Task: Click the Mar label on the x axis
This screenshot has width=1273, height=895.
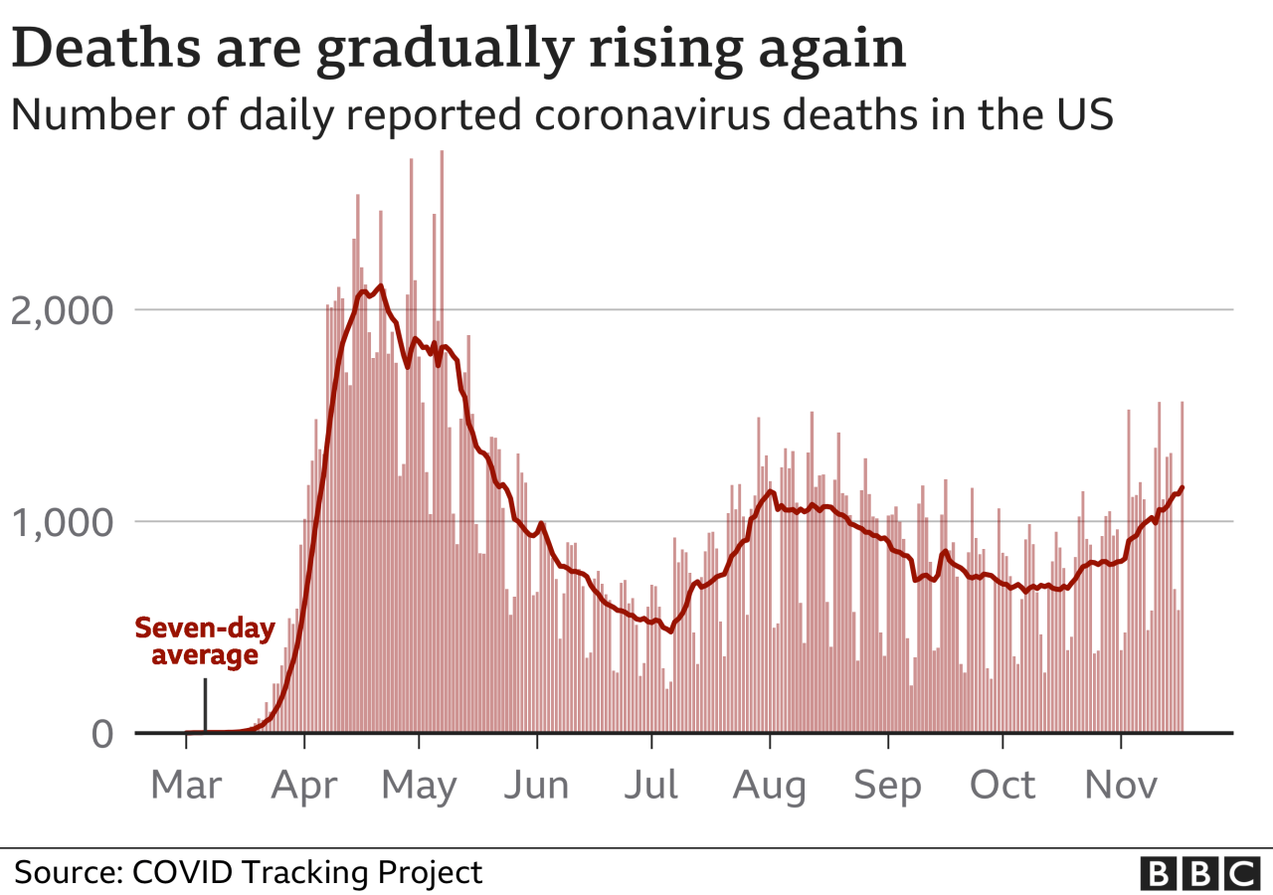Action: pyautogui.click(x=186, y=786)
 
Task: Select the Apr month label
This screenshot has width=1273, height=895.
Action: pyautogui.click(x=303, y=786)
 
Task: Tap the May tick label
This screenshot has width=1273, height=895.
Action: pyautogui.click(x=419, y=787)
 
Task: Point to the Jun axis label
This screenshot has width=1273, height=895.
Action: pyautogui.click(x=536, y=786)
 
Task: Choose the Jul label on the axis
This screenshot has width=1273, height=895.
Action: pyautogui.click(x=651, y=786)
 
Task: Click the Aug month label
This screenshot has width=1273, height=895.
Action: pyautogui.click(x=769, y=787)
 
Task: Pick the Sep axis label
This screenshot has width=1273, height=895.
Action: pyautogui.click(x=887, y=787)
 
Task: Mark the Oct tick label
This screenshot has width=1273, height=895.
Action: pyautogui.click(x=1002, y=786)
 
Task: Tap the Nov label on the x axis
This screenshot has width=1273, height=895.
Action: pyautogui.click(x=1121, y=786)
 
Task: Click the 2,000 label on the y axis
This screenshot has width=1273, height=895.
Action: pyautogui.click(x=62, y=310)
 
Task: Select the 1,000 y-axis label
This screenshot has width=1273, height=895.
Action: pyautogui.click(x=62, y=522)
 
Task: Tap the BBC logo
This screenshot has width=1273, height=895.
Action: pyautogui.click(x=1199, y=873)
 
